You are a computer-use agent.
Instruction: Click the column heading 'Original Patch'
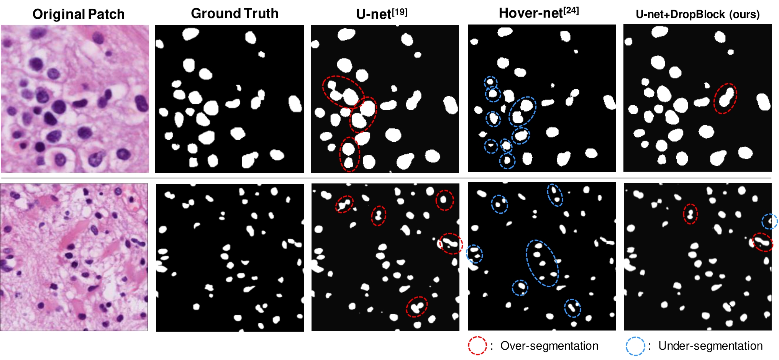tap(79, 14)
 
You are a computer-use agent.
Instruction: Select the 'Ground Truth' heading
tap(235, 13)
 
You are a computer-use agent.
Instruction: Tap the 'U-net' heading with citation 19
tap(382, 14)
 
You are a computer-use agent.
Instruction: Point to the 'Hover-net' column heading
tap(539, 13)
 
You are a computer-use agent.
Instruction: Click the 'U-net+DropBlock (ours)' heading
tap(697, 14)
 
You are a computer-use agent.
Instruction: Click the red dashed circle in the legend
tap(477, 346)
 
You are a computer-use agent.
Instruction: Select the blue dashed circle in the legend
tap(636, 346)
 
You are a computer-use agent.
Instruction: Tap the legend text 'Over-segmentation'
tap(549, 346)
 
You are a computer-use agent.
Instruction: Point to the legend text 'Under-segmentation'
tap(710, 346)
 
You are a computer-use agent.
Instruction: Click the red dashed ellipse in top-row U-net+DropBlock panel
tap(726, 98)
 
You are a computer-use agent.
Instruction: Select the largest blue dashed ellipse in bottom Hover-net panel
tap(542, 263)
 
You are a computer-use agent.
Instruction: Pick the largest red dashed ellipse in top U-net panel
tap(343, 92)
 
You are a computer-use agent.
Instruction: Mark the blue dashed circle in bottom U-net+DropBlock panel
tap(769, 221)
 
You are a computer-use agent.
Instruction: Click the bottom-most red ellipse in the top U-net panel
tap(349, 154)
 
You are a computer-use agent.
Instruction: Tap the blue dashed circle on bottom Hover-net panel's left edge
tap(474, 254)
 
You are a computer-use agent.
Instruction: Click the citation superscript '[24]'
tap(571, 10)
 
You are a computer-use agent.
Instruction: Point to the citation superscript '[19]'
tap(400, 11)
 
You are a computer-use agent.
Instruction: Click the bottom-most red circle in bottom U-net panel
tap(417, 307)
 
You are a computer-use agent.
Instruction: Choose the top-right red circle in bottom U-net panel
tap(445, 200)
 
